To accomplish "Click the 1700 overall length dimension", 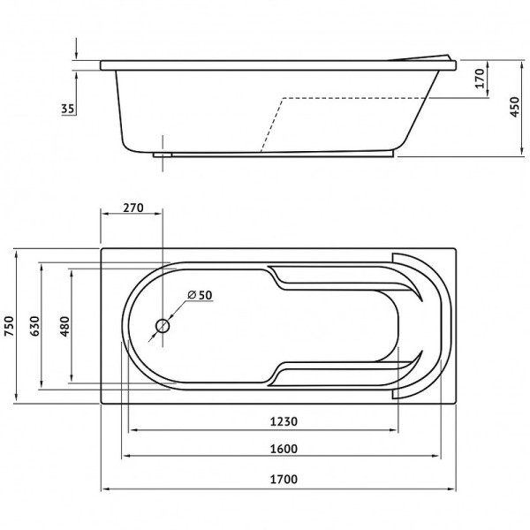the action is click(284, 479).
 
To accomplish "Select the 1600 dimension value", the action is click(284, 449).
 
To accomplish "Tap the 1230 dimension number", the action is click(284, 421).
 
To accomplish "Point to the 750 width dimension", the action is click(9, 326).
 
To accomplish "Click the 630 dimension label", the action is click(34, 326).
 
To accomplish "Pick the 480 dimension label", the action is click(64, 326).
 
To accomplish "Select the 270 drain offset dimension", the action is click(132, 208).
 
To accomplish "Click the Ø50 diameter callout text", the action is click(200, 295).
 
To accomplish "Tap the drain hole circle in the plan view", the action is click(163, 326).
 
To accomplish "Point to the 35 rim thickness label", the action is click(68, 109).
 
